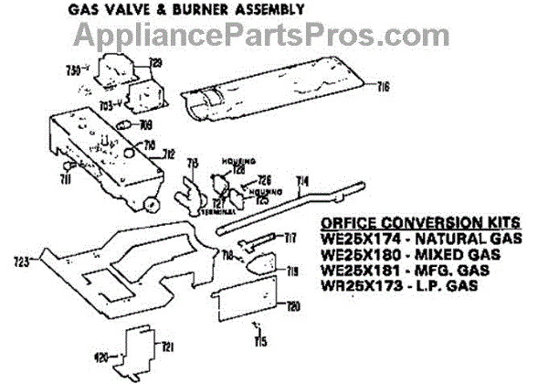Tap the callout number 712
(169, 155)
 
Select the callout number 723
(22, 262)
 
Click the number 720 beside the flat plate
(293, 305)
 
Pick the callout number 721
(167, 346)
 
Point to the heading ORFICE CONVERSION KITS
(422, 222)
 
